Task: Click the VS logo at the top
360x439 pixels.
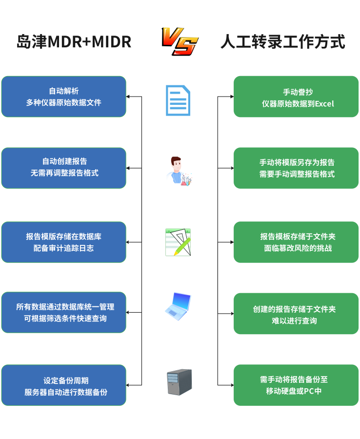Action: [180, 41]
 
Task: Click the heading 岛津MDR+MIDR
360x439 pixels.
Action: [74, 42]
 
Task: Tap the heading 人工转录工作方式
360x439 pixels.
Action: [283, 42]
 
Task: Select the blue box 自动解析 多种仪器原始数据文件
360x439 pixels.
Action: [64, 97]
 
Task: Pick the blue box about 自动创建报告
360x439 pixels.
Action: [64, 168]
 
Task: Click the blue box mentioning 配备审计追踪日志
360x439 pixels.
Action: [64, 242]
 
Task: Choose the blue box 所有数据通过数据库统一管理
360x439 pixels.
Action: [64, 313]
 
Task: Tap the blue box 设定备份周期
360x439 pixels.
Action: [64, 385]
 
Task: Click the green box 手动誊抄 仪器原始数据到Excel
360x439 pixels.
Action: [296, 97]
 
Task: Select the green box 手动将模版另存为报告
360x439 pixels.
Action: [296, 168]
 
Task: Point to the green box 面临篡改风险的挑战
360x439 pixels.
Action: [296, 242]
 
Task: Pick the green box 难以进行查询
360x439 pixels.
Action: [296, 314]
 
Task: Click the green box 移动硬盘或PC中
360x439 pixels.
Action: [296, 385]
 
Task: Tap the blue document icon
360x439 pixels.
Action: [178, 100]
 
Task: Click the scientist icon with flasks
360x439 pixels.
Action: [179, 171]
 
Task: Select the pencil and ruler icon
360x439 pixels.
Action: [178, 242]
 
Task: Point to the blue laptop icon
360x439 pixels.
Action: [178, 307]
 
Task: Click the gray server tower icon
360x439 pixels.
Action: [180, 382]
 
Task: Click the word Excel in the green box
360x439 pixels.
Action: [324, 104]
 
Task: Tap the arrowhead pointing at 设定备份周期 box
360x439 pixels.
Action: [128, 385]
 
